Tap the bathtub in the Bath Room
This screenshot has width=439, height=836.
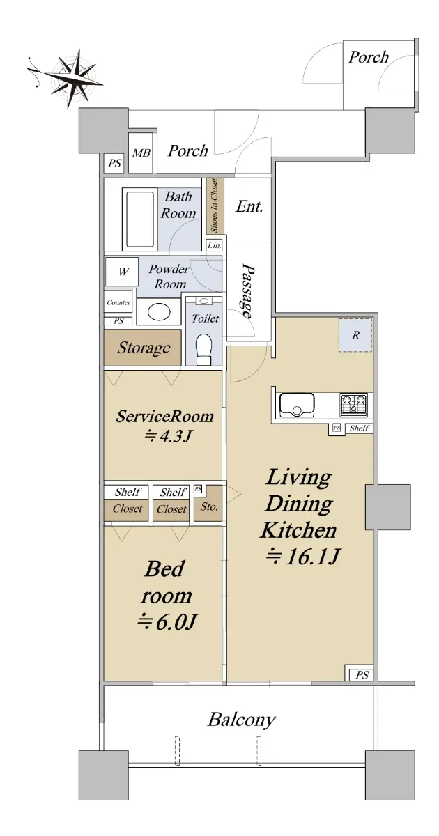click(x=140, y=219)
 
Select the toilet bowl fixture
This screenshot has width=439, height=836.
click(x=203, y=348)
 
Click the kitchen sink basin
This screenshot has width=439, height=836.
click(x=297, y=405)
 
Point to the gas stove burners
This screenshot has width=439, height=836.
click(x=353, y=405)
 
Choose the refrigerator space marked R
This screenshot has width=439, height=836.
click(x=355, y=335)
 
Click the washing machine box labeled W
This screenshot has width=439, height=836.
click(x=122, y=271)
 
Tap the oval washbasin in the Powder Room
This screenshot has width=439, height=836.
click(x=159, y=311)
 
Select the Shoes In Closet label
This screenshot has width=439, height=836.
click(x=214, y=206)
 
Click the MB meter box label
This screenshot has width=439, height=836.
click(x=141, y=153)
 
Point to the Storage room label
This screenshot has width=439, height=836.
click(x=144, y=348)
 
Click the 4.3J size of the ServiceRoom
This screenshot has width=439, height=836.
click(x=169, y=435)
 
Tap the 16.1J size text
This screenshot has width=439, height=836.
click(x=302, y=557)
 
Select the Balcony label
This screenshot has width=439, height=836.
click(x=242, y=720)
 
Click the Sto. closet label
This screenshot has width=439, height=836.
click(x=208, y=507)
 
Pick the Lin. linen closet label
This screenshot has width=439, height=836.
click(x=215, y=245)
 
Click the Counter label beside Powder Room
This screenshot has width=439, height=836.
click(x=118, y=302)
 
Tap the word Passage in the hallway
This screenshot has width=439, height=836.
click(x=247, y=291)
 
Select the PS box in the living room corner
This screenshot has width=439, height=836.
click(x=362, y=675)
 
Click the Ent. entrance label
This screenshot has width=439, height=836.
click(x=249, y=206)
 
